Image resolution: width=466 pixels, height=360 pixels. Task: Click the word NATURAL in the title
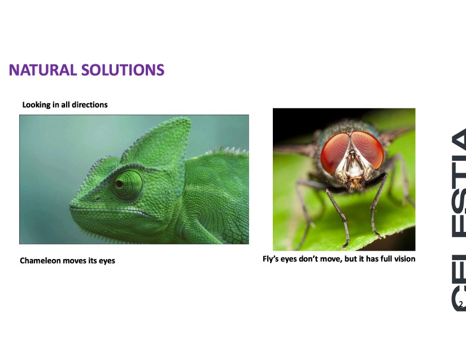pos(43,70)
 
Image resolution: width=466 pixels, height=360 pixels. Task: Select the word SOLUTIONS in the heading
pos(123,70)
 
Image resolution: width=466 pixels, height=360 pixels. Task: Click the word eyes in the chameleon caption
pos(107,261)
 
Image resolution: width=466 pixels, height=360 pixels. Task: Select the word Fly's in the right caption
pos(271,259)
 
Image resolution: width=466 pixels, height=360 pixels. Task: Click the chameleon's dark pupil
pos(120,184)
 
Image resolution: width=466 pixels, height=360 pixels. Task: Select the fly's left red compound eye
pos(334,153)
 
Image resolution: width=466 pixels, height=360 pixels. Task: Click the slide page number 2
pos(461,304)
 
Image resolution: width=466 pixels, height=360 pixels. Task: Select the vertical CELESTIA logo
pos(459,219)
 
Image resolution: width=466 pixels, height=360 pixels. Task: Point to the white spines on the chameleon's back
pos(228,150)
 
